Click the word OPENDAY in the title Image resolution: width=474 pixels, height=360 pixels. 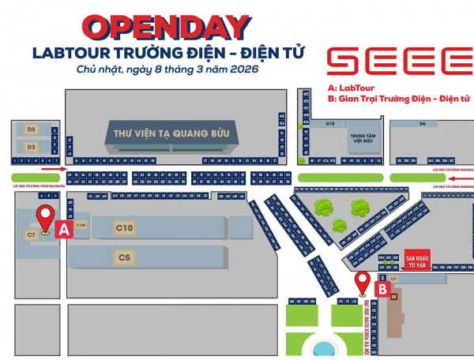pyautogui.click(x=167, y=27)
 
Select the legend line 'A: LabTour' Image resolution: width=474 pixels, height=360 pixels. pyautogui.click(x=348, y=88)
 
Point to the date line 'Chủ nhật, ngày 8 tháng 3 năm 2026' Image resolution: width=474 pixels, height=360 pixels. pyautogui.click(x=167, y=70)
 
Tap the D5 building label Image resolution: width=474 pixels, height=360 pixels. pyautogui.click(x=32, y=129)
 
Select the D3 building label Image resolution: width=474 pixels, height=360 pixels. pyautogui.click(x=32, y=147)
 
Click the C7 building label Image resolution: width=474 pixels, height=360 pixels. pyautogui.click(x=32, y=234)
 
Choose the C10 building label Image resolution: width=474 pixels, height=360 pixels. pyautogui.click(x=124, y=228)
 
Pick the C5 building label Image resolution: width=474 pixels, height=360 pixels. pyautogui.click(x=124, y=257)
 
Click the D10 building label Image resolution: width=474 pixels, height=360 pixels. pyautogui.click(x=330, y=124)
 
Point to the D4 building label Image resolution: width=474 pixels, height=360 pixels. pyautogui.click(x=423, y=124)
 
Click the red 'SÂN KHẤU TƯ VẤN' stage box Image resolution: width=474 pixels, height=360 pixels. pyautogui.click(x=416, y=261)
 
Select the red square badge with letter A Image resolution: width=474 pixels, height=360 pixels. pyautogui.click(x=65, y=230)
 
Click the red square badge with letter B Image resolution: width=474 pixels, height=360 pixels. pyautogui.click(x=382, y=290)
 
